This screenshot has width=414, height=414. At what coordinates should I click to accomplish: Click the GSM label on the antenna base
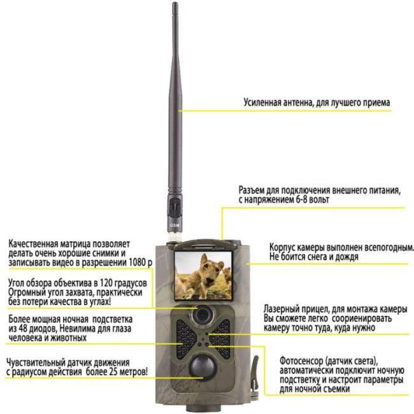[x=175, y=225]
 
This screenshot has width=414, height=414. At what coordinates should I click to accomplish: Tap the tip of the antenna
[x=175, y=3]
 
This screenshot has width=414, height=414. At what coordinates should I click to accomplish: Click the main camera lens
[x=202, y=315]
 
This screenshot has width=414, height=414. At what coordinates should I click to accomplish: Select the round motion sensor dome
[x=202, y=368]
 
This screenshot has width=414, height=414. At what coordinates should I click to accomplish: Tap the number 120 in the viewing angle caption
[x=106, y=283]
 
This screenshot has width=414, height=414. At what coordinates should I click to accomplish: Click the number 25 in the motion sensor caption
[x=111, y=372]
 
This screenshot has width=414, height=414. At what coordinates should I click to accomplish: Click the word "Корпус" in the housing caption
[x=282, y=248]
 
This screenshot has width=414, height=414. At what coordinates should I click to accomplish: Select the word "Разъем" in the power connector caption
[x=251, y=190]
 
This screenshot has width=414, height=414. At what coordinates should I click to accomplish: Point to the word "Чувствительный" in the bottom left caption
[x=36, y=362]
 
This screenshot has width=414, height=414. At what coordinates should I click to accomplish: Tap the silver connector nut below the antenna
[x=175, y=236]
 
